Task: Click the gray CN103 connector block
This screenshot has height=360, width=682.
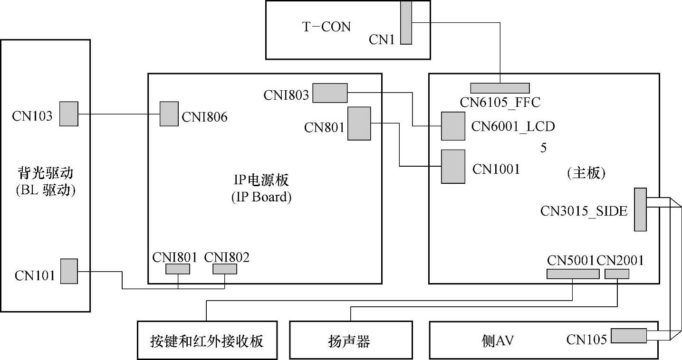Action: [x=68, y=114]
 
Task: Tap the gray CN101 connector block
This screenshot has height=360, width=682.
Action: [x=68, y=271]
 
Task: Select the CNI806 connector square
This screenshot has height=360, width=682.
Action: [x=169, y=114]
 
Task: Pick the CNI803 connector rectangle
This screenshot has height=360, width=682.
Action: [x=330, y=93]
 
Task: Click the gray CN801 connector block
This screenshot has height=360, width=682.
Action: [x=359, y=123]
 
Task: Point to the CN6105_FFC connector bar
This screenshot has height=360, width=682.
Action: [x=499, y=88]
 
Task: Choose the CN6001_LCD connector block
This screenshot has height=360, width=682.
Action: [x=452, y=126]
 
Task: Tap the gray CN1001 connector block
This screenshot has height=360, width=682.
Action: [x=452, y=167]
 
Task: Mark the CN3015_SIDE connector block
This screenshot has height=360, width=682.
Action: [x=640, y=209]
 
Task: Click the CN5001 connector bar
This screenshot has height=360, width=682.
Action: [x=573, y=274]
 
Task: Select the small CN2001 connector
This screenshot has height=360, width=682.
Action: [x=616, y=274]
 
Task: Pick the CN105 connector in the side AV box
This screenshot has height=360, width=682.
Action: [x=628, y=336]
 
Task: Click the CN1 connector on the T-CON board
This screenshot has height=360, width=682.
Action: [x=406, y=22]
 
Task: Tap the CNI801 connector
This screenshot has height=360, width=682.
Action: [x=177, y=269]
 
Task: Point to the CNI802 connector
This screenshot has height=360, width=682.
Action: [x=224, y=269]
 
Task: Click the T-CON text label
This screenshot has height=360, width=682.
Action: [x=327, y=27]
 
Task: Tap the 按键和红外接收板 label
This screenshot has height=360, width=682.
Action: [x=206, y=341]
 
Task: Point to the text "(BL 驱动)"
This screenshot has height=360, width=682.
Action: [x=46, y=190]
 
